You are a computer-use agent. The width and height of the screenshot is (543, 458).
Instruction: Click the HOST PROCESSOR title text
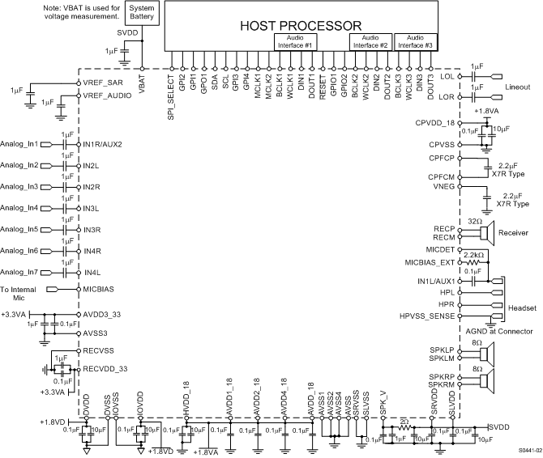[x=301, y=26]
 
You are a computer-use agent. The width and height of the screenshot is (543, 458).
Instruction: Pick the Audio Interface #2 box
[x=370, y=42]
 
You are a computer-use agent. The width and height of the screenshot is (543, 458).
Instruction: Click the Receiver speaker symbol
[x=487, y=233]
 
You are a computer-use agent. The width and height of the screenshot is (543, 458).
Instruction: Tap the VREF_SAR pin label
[x=102, y=83]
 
